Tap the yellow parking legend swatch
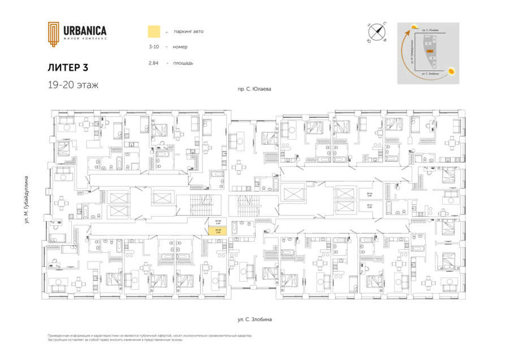[x=153, y=31]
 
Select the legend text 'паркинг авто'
[x=189, y=31]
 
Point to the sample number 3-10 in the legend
[x=154, y=47]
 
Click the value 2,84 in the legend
[x=153, y=63]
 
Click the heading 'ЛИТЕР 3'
[x=68, y=67]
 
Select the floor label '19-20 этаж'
[x=73, y=85]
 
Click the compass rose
[x=376, y=32]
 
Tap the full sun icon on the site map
[x=452, y=71]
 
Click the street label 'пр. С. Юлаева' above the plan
[x=255, y=89]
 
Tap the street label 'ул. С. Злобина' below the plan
[x=255, y=320]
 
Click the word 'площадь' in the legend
[x=184, y=63]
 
